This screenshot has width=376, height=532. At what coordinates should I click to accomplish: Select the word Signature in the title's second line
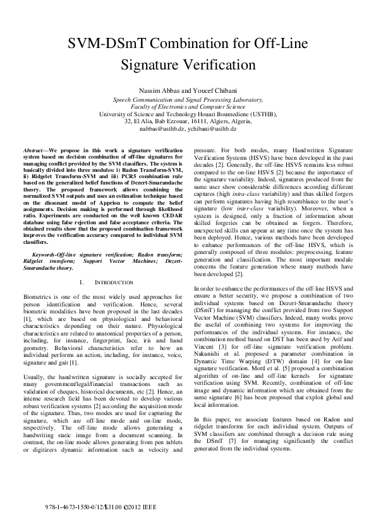click(x=152, y=64)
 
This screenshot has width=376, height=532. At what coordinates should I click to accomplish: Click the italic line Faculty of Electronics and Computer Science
click(x=188, y=107)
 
